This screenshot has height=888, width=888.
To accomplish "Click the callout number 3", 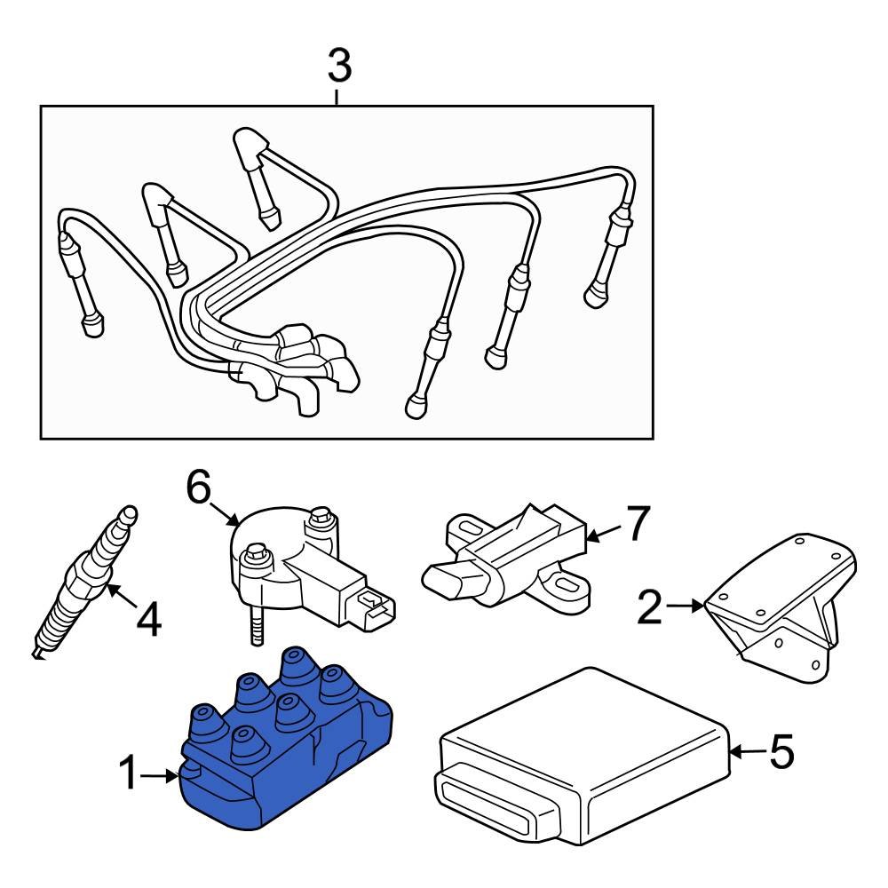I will point(339,66).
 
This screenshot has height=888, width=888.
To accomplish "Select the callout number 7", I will point(638,523).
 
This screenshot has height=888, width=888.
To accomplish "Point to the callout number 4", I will point(148,619).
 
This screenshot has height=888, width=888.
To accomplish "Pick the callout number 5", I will point(781,752).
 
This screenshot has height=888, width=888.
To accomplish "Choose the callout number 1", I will point(130,775).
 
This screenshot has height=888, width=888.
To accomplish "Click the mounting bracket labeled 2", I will point(781,613).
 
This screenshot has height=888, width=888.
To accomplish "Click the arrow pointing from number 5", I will point(744,752).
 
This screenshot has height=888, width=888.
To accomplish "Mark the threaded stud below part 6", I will point(256,627).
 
